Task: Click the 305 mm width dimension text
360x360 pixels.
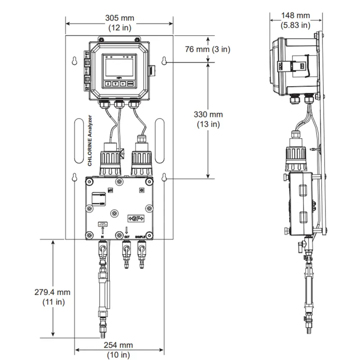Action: [119, 18]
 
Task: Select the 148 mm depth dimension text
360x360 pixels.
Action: [296, 15]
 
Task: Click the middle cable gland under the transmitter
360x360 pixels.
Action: [119, 104]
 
